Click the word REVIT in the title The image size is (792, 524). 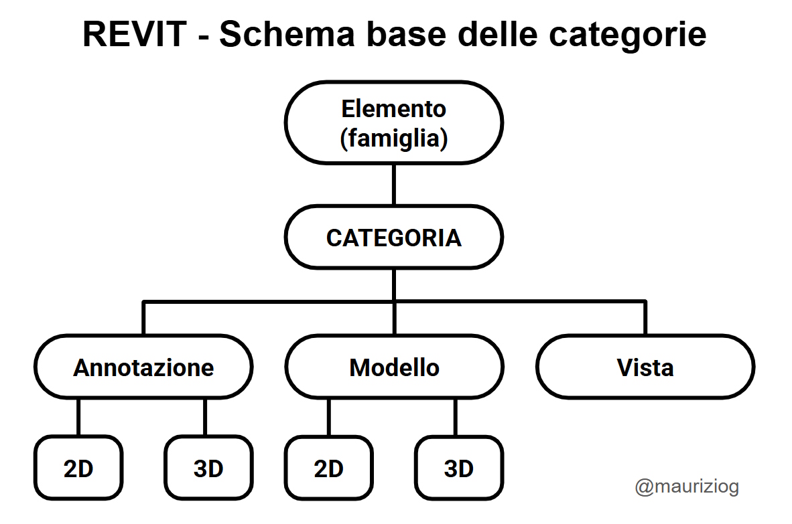point(135,34)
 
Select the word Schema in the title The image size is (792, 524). point(287,34)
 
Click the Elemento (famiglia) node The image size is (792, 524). point(394,122)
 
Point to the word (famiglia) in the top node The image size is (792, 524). point(394,138)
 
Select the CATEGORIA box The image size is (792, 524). point(394,237)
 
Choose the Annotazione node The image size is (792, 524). point(143,367)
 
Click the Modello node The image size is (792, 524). point(395,367)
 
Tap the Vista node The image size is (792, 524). point(645,367)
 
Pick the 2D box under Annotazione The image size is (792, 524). point(78,468)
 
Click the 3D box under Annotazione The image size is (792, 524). point(208,468)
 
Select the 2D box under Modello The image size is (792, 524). point(329,468)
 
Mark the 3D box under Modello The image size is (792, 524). point(458,468)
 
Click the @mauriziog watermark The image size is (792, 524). point(687,487)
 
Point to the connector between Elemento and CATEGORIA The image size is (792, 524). point(394,185)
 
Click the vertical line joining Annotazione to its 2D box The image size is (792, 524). point(78,417)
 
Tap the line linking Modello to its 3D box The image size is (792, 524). point(456,417)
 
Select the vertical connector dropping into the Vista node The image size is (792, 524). point(645,319)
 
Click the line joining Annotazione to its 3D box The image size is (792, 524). point(205,417)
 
